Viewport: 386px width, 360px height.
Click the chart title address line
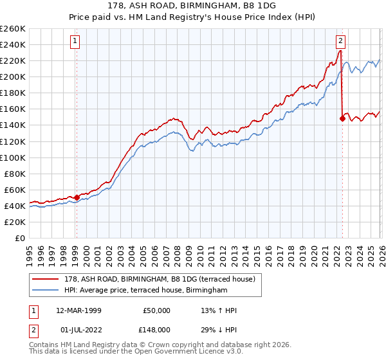click(x=193, y=5)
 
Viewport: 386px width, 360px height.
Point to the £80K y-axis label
click(x=15, y=174)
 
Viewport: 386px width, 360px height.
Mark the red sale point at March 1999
click(x=77, y=197)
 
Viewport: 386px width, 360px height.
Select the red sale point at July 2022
click(x=342, y=118)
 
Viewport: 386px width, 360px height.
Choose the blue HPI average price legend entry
click(x=145, y=291)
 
